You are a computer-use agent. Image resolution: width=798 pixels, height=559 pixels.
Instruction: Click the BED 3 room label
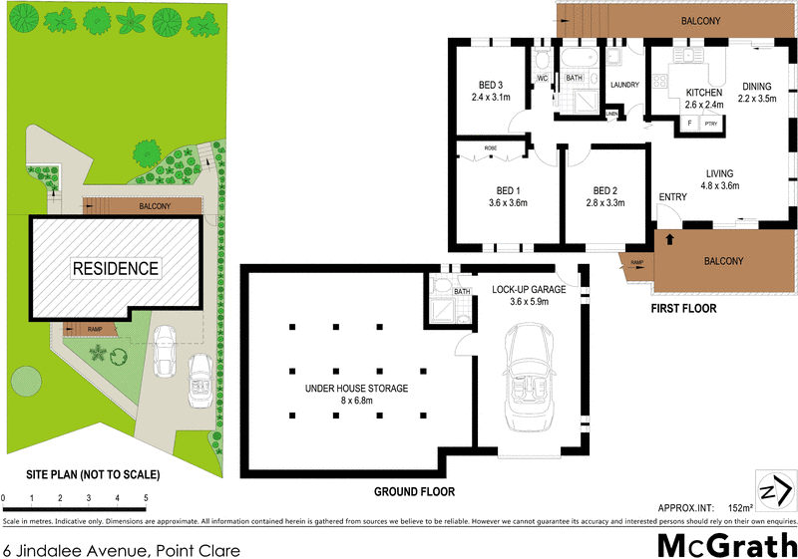coord(491,84)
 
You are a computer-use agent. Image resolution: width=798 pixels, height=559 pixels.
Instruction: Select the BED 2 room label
coord(607,190)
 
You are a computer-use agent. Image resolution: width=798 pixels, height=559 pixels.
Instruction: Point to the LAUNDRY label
coord(624,85)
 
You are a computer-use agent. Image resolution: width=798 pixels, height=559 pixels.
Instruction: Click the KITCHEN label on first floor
coord(702,93)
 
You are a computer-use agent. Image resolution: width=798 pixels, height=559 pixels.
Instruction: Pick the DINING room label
coord(755,86)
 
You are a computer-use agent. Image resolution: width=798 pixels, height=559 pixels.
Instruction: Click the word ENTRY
coord(672,197)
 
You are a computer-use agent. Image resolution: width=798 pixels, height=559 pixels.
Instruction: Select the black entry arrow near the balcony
coord(668,239)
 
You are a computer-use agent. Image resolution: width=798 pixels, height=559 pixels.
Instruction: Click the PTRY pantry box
coord(710,124)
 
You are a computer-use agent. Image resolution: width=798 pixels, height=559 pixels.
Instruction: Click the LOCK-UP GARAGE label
coord(529,290)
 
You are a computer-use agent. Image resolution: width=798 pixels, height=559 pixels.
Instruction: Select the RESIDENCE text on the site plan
coord(114,268)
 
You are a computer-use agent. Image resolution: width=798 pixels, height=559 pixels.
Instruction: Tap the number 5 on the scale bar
coord(146,497)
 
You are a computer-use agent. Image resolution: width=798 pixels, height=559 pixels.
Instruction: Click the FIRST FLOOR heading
coord(683,309)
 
